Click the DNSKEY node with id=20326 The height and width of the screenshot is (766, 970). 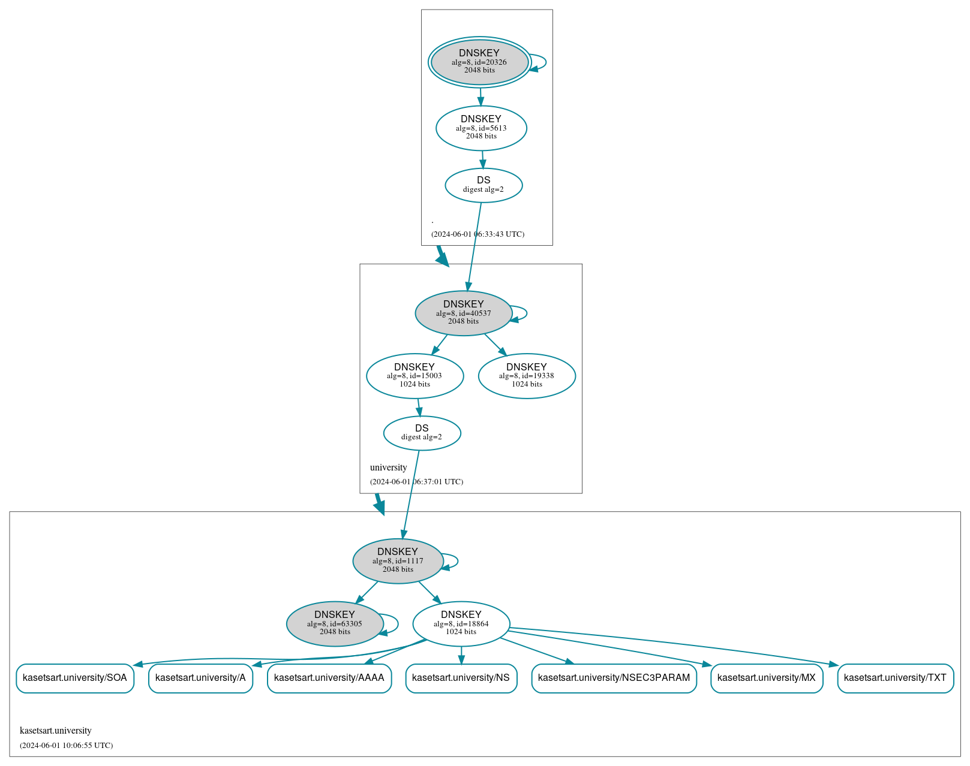click(x=479, y=62)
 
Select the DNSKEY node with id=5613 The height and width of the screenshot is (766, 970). click(x=481, y=128)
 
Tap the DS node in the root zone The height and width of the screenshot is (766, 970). click(x=484, y=185)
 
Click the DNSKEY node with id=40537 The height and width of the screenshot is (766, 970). click(x=463, y=313)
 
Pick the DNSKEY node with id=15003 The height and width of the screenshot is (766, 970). click(x=415, y=376)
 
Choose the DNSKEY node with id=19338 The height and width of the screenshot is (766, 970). click(x=527, y=376)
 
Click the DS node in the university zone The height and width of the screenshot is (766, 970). click(x=422, y=433)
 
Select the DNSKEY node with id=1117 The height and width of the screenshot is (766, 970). click(x=398, y=561)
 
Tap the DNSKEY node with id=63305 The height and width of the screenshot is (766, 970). click(x=335, y=624)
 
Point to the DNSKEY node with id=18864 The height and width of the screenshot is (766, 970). click(x=461, y=624)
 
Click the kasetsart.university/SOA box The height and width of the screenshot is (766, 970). click(x=75, y=678)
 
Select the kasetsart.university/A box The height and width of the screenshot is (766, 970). click(x=200, y=678)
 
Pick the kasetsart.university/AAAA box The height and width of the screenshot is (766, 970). click(x=329, y=678)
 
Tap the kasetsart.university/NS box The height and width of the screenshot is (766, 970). click(x=461, y=678)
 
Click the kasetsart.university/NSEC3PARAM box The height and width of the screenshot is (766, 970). click(x=614, y=678)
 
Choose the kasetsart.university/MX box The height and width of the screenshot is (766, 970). click(x=766, y=678)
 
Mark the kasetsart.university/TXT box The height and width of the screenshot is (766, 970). click(x=895, y=678)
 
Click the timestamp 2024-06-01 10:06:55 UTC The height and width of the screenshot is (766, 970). click(x=66, y=746)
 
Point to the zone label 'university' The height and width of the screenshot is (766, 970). click(x=388, y=468)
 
